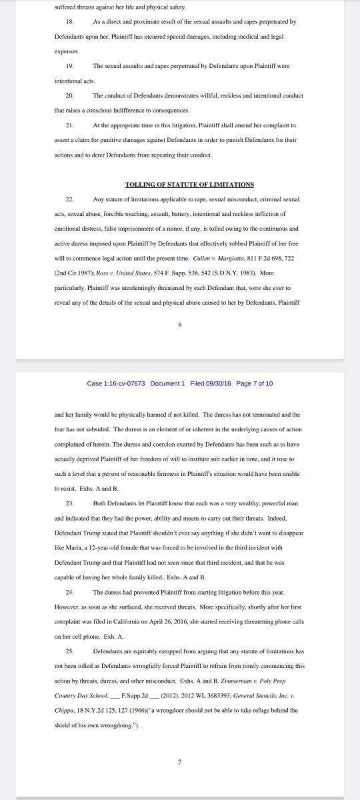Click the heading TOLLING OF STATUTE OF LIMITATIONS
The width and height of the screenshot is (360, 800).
tap(189, 185)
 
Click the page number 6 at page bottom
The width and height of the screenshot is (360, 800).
tap(180, 325)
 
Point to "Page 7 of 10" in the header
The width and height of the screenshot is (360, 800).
tap(254, 384)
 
